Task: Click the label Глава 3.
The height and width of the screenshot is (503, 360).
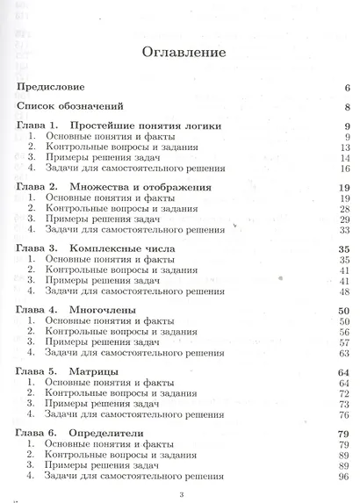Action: [38, 248]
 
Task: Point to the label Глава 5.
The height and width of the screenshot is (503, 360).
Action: [38, 373]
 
